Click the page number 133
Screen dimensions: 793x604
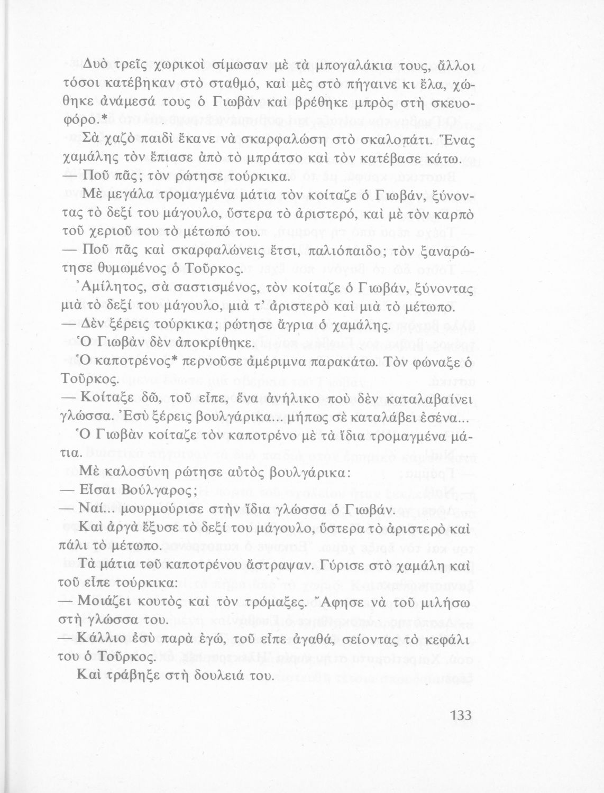461,715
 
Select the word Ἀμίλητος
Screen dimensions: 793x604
108,289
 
